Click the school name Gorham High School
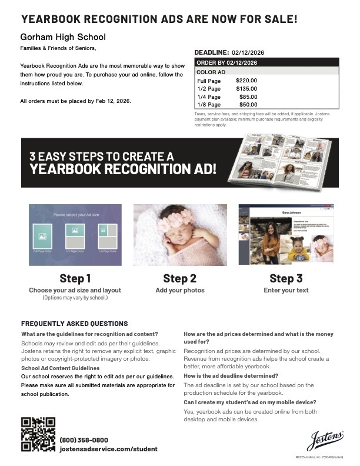tap(63, 37)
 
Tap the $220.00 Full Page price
tap(246, 80)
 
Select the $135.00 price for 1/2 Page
tap(246, 88)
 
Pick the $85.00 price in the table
tap(248, 96)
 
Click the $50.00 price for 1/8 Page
tap(248, 105)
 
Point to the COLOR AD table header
tap(210, 71)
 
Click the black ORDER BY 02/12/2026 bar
tap(266, 62)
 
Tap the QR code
tap(38, 434)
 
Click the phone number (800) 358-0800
tap(84, 440)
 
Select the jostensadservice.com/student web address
tap(108, 449)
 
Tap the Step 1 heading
tap(75, 278)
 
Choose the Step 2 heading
tap(180, 278)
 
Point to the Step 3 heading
tap(286, 278)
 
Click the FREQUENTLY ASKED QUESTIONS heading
tap(74, 324)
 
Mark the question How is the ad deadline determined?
tap(231, 375)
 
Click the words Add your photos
tap(180, 290)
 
